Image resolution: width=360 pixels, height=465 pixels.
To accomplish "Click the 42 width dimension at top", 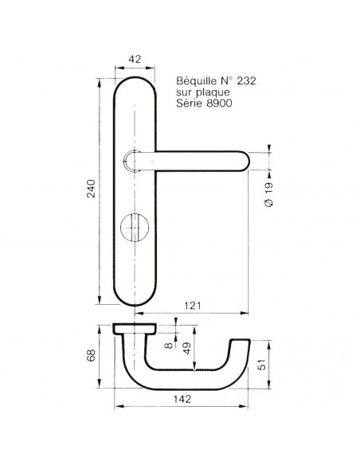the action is pyautogui.click(x=135, y=59).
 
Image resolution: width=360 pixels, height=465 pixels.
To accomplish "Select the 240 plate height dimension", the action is pyautogui.click(x=91, y=189).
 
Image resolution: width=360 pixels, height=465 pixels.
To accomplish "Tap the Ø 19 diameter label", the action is pyautogui.click(x=268, y=194).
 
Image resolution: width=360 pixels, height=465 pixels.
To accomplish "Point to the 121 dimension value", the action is pyautogui.click(x=193, y=305).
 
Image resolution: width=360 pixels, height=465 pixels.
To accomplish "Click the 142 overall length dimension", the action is pyautogui.click(x=182, y=399).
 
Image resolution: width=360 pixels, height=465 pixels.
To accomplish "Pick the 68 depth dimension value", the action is pyautogui.click(x=91, y=355).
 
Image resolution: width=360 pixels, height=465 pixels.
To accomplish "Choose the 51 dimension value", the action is pyautogui.click(x=262, y=365).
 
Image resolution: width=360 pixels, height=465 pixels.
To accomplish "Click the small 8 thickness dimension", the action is pyautogui.click(x=168, y=346).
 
